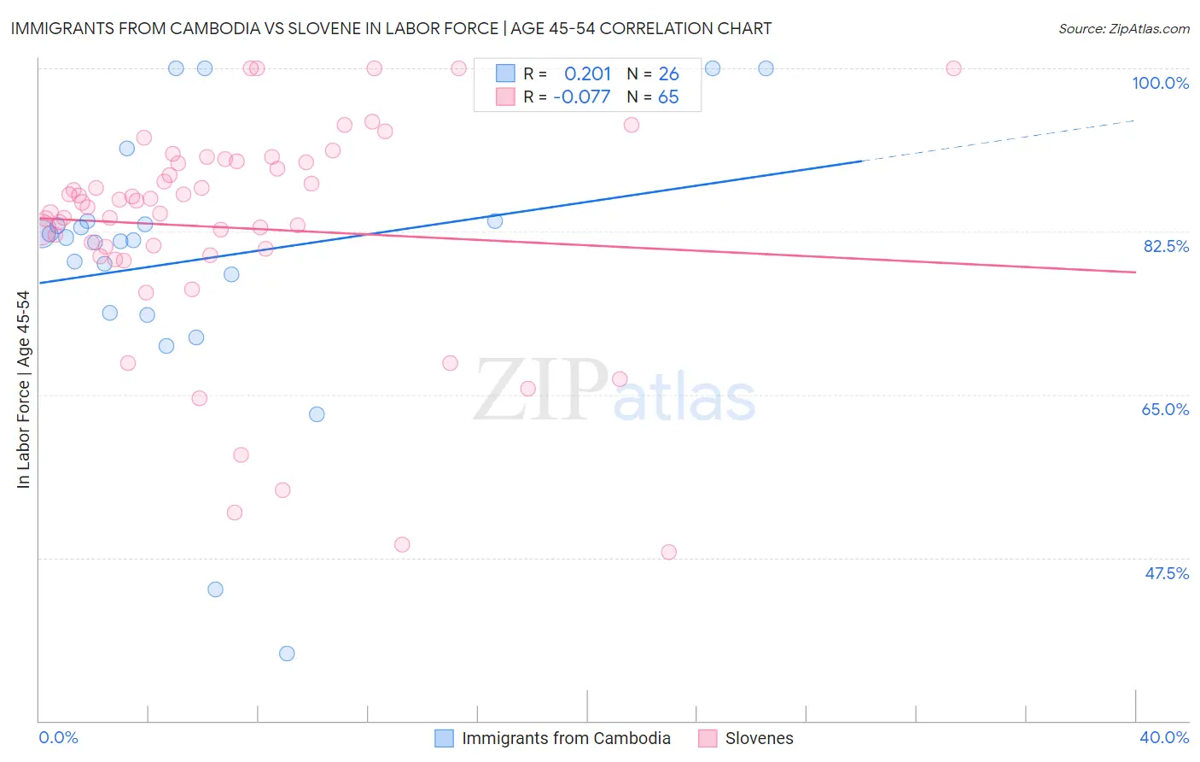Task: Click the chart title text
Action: coord(391,28)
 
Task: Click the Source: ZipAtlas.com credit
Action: coord(1123,28)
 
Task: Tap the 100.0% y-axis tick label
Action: coord(1160,83)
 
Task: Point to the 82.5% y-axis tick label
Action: coord(1166,246)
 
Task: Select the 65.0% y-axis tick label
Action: coord(1165,409)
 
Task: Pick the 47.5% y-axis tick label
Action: coord(1166,573)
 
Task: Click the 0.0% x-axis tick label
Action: coord(58,737)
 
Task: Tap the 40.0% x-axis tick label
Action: coord(1163,737)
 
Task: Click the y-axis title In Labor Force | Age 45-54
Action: coord(23,390)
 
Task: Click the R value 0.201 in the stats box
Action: coord(587,74)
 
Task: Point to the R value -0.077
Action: coord(581,97)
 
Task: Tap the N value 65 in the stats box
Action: coord(668,97)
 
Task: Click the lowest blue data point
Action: coord(287,654)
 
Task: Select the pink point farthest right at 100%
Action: coord(953,68)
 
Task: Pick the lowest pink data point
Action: coord(668,552)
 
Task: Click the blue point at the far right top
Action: coord(766,68)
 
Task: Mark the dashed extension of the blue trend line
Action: coord(999,141)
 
